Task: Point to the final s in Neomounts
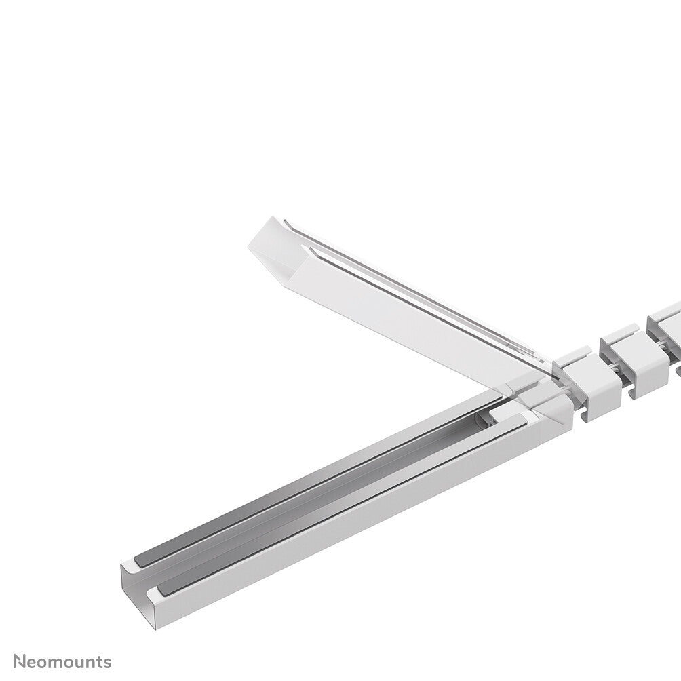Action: tap(107, 663)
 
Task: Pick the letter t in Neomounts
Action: tap(100, 662)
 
